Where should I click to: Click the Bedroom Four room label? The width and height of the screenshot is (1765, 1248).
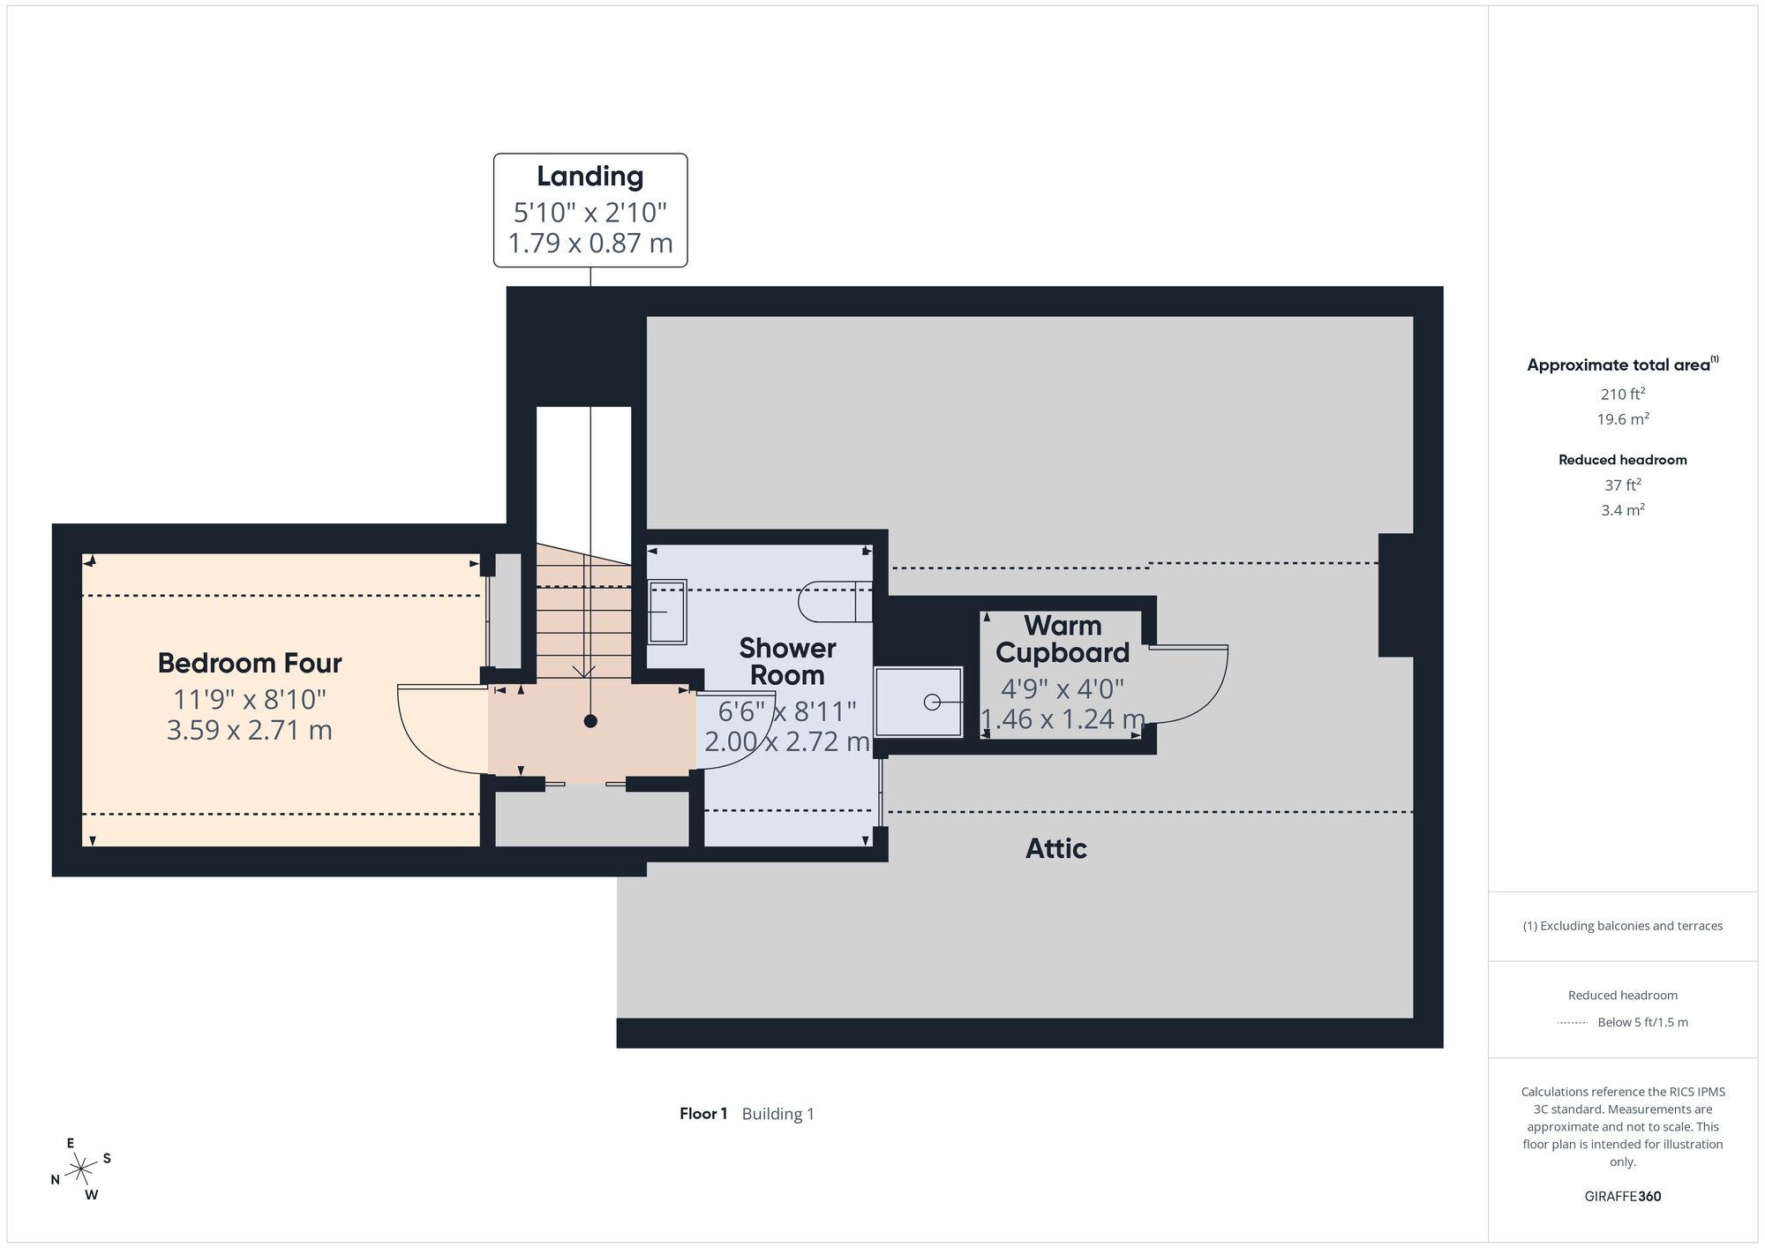250,663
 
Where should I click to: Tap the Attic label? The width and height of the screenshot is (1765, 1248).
1055,848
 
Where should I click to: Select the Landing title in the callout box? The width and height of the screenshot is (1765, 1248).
590,177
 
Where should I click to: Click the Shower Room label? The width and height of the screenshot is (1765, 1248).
787,661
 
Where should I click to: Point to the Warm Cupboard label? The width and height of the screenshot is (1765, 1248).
1063,639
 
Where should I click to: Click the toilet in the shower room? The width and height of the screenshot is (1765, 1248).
834,601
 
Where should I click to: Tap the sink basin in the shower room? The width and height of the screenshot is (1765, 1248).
667,612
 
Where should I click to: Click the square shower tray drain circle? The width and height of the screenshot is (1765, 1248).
931,703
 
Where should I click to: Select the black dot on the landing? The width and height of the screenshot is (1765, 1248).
590,721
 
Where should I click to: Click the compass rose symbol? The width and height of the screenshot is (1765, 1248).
81,1169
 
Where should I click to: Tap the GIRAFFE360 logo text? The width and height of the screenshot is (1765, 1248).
1622,1197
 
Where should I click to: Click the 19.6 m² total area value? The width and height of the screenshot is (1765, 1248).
1622,419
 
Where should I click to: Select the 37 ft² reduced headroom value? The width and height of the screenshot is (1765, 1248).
1622,485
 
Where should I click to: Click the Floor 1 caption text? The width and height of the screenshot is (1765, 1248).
703,1114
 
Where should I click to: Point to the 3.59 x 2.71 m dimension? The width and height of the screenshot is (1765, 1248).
250,730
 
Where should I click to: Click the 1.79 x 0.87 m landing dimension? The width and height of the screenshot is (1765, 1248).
590,243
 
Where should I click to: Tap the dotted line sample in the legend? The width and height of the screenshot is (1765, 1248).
1573,1023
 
